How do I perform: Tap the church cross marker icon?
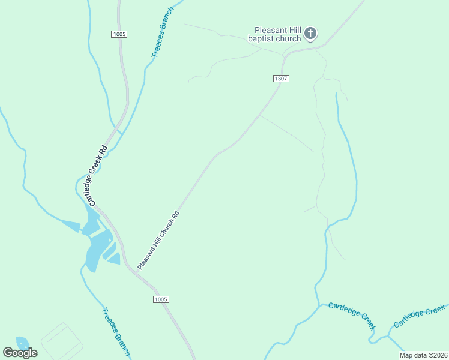pyautogui.click(x=310, y=34)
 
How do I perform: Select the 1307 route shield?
pyautogui.click(x=281, y=79)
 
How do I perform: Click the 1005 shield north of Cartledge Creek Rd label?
pyautogui.click(x=119, y=34)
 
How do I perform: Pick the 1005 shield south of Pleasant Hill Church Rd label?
pyautogui.click(x=161, y=299)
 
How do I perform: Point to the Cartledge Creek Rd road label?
pyautogui.click(x=97, y=176)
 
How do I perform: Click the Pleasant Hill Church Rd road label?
pyautogui.click(x=158, y=239)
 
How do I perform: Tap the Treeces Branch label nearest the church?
pyautogui.click(x=162, y=33)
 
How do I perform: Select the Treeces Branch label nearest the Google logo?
pyautogui.click(x=115, y=332)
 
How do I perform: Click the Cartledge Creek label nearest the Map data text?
pyautogui.click(x=420, y=317)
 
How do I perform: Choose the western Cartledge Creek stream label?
pyautogui.click(x=352, y=316)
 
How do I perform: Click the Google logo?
pyautogui.click(x=20, y=352)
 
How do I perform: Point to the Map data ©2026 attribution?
pyautogui.click(x=423, y=355)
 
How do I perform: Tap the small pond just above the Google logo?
pyautogui.click(x=22, y=343)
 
